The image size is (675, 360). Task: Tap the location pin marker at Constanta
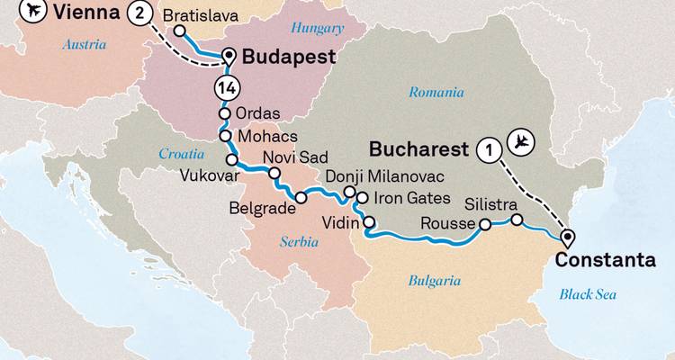pos(567,238)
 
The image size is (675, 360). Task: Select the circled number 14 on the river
pos(224,88)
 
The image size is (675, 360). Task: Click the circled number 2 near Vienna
pos(139,13)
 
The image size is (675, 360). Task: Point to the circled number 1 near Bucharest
pos(488,149)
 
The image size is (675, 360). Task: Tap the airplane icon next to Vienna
pos(10,11)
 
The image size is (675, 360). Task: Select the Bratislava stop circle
pos(180,31)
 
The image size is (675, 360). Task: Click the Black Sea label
pos(588,293)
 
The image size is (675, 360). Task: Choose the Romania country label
pos(436,92)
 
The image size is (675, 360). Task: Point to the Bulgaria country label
pos(434,281)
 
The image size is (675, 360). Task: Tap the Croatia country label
pos(183,154)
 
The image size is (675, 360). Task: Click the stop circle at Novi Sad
pos(275,174)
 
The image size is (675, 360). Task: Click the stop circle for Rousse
pos(485,224)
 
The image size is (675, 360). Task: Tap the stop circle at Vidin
pos(370,220)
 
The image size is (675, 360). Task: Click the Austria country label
pos(85,44)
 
